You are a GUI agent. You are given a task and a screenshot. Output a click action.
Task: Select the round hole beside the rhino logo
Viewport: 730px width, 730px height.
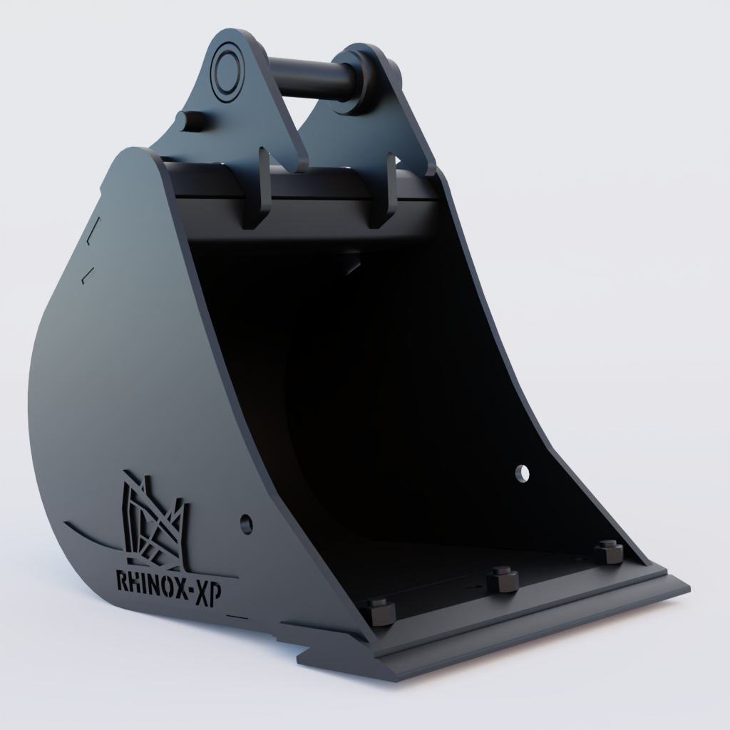247,524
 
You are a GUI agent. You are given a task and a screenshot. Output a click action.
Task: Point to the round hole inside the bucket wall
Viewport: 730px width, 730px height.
523,473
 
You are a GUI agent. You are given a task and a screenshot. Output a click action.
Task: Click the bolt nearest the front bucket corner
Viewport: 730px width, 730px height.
380,612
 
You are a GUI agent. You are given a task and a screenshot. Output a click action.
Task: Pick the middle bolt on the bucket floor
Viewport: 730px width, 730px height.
503,579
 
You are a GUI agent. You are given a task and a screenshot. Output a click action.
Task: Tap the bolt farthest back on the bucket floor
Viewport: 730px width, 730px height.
609,551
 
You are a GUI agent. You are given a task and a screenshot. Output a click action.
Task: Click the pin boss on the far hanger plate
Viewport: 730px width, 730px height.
360,78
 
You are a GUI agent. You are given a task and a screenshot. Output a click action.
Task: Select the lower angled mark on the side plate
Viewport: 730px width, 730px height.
88,274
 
